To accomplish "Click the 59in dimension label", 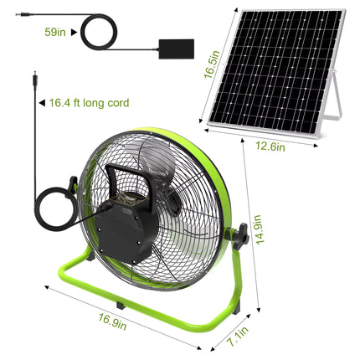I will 55,33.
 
